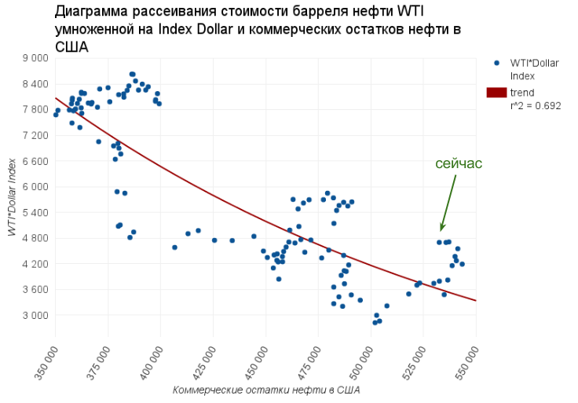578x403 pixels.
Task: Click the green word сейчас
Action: (x=459, y=163)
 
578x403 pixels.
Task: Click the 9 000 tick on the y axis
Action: (x=35, y=58)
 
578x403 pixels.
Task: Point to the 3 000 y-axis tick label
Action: (x=35, y=316)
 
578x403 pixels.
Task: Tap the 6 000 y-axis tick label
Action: (x=35, y=187)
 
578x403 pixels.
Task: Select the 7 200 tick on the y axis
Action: (x=35, y=136)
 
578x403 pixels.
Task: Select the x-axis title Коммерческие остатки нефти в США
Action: (x=266, y=390)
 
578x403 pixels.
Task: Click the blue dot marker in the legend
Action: (x=497, y=63)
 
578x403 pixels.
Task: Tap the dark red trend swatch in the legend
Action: (x=497, y=93)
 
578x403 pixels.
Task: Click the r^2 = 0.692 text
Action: (x=536, y=105)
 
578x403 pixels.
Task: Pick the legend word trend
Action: (x=522, y=93)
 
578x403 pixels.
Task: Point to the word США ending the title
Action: (x=71, y=47)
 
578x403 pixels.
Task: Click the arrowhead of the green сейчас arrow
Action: (x=442, y=229)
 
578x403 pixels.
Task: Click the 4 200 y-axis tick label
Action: (x=35, y=265)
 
